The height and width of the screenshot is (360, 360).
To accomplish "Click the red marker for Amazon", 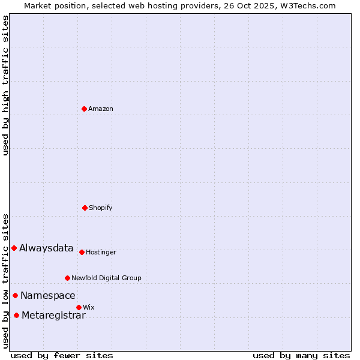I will coord(84,109).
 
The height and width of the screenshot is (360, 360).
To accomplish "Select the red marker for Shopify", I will coord(85,208).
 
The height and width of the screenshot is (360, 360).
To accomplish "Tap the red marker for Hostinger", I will coord(82,252).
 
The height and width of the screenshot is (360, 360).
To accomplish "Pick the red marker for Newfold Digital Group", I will coord(67,278).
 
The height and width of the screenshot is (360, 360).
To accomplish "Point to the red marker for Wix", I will coord(79,307).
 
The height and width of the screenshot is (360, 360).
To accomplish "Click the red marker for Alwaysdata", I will coord(14,248).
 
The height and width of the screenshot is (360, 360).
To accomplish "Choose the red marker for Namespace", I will coord(15,295).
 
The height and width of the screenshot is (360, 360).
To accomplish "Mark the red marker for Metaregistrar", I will coord(16,315).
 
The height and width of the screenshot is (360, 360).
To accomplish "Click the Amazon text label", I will coord(101,109).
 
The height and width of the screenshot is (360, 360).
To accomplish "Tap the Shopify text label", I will coord(101,208).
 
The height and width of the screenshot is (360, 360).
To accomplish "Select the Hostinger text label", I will coord(101,253).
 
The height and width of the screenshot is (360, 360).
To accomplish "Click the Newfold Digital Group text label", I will coord(106,278).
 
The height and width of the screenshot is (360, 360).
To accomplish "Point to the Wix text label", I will coord(89,308).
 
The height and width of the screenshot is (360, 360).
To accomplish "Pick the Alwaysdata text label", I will coord(46,248).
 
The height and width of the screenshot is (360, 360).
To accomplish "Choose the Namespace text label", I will coord(48,296).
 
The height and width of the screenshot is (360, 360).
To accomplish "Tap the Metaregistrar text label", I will coord(53,316).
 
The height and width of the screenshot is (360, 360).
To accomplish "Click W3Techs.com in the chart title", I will coord(306,5).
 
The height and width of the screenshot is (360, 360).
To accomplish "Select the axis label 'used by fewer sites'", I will coord(62,355).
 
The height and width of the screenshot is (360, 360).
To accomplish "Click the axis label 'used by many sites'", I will coord(301,355).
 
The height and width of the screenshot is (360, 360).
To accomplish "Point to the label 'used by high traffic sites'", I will coord(5,85).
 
